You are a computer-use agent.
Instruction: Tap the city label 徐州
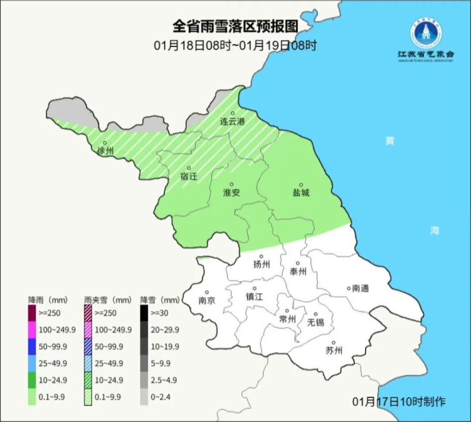(x=105, y=151)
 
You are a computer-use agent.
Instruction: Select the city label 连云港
(x=232, y=121)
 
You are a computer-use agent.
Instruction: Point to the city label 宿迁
(x=189, y=176)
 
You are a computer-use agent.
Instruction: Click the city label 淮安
(x=232, y=193)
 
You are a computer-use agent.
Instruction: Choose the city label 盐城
(x=301, y=193)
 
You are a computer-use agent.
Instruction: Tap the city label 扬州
(x=262, y=265)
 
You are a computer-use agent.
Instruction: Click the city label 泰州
(x=298, y=271)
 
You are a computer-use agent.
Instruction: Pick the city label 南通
(x=360, y=289)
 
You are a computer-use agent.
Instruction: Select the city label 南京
(x=207, y=300)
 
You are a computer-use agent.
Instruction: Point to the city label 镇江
(x=254, y=297)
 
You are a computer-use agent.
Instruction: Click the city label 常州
(x=287, y=319)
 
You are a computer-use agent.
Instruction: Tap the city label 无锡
(x=315, y=322)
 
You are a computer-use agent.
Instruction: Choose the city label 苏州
(x=334, y=350)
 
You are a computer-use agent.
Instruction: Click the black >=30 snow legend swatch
(x=144, y=312)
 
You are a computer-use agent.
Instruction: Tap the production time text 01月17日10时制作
(x=399, y=401)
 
